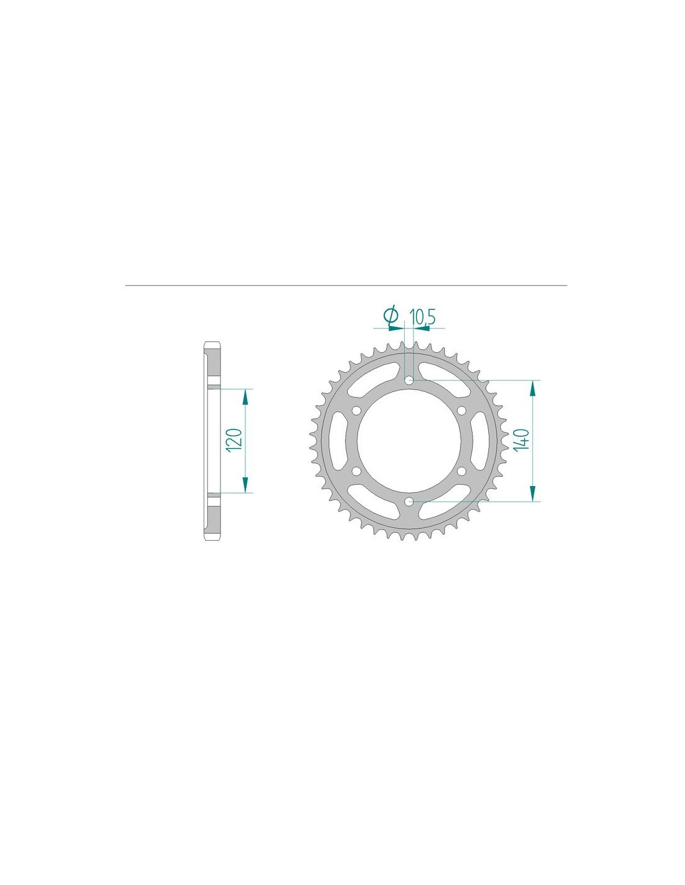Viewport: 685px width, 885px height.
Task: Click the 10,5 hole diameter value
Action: click(423, 316)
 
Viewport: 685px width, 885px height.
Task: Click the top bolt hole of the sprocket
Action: click(409, 380)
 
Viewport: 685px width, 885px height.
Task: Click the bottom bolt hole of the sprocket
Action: click(409, 502)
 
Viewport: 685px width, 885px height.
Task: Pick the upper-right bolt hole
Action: click(461, 411)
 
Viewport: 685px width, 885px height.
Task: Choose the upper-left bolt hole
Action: click(357, 411)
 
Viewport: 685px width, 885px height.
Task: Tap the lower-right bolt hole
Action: click(461, 471)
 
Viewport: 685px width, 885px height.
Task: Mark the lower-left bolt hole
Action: click(357, 471)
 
